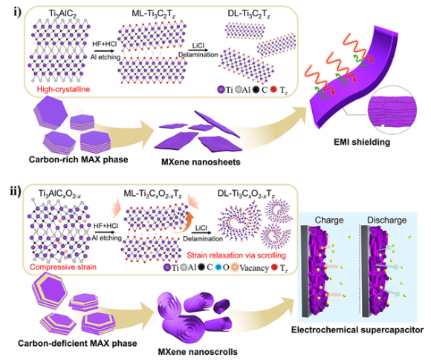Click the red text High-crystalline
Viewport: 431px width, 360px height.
coord(63,89)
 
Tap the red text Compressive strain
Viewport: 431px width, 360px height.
coord(63,266)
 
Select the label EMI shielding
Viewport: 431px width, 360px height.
coord(362,143)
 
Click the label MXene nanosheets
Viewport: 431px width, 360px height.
coord(201,162)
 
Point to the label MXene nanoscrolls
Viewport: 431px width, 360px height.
coord(198,352)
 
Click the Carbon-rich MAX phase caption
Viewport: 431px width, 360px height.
coord(78,160)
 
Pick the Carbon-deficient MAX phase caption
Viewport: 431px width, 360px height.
coord(77,343)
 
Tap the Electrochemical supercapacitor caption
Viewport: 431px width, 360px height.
coord(357,330)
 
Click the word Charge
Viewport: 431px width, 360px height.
coord(329,220)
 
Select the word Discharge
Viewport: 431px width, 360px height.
coord(386,220)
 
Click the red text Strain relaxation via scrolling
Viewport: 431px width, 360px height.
coord(236,255)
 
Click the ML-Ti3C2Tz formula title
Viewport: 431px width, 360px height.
coord(153,13)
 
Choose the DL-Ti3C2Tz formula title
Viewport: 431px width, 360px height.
coord(249,13)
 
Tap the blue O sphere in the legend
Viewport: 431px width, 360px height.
coord(218,267)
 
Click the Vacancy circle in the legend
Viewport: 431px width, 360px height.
coord(235,267)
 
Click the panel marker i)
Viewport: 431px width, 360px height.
coord(18,12)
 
